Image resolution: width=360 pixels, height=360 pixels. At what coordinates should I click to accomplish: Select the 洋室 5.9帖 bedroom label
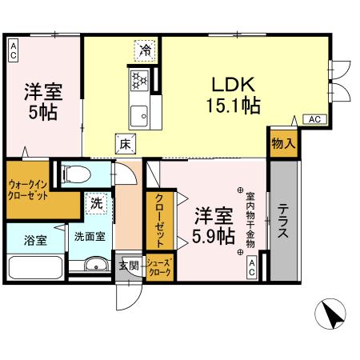point(214,225)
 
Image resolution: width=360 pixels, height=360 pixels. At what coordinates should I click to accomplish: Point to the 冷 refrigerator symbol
point(145,50)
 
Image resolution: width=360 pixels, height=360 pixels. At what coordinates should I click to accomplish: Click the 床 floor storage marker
point(126,145)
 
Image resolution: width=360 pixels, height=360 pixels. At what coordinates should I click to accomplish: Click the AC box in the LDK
point(314,119)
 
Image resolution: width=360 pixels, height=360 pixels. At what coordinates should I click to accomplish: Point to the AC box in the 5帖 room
point(14,51)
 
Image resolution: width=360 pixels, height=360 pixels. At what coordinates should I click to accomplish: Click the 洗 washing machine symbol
point(96,204)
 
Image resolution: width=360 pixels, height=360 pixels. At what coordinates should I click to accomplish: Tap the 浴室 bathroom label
point(34,238)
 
